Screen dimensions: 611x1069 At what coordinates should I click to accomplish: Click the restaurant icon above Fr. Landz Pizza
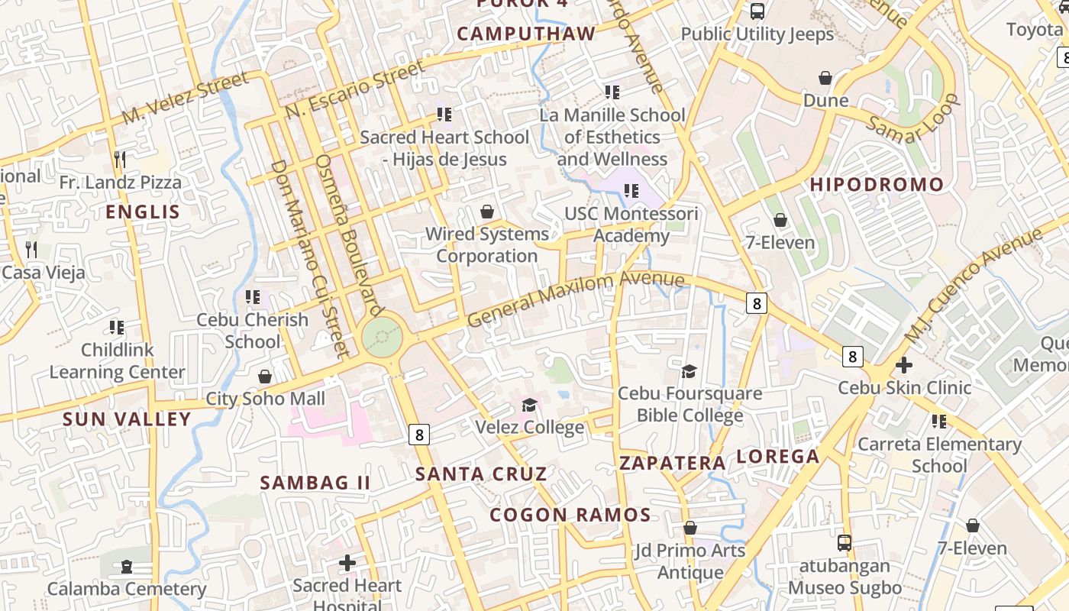(119, 159)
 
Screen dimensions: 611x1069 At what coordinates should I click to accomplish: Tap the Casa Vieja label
(44, 273)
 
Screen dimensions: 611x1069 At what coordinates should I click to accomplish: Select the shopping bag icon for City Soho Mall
(265, 377)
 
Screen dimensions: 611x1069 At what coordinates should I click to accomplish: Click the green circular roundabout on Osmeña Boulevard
(382, 336)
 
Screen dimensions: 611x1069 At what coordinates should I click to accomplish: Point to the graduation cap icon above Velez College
(529, 404)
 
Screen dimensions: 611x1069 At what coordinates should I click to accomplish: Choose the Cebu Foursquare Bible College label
(690, 405)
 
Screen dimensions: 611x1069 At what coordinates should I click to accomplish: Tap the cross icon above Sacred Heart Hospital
(347, 563)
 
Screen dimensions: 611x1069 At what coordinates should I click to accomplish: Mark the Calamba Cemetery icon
(127, 567)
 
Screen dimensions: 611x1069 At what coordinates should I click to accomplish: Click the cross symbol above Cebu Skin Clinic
(904, 365)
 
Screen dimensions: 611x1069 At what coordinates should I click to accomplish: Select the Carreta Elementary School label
(939, 455)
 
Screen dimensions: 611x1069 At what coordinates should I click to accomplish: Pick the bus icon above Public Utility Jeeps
(757, 11)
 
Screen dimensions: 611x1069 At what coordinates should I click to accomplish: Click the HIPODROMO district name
(877, 185)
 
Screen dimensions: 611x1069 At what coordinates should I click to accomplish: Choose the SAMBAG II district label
(315, 483)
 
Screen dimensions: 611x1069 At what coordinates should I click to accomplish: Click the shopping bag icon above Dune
(825, 78)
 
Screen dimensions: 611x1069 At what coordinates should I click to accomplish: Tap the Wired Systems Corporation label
(487, 245)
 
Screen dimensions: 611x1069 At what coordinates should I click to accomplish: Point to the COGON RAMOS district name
(570, 515)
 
